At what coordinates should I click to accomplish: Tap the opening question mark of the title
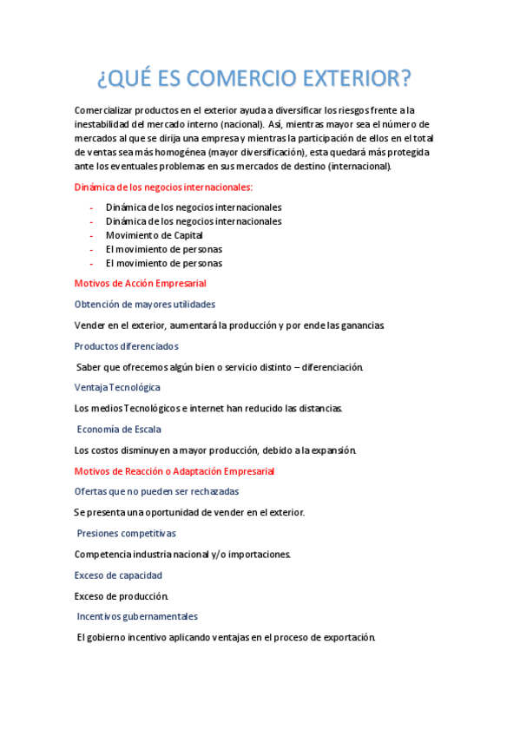click(102, 79)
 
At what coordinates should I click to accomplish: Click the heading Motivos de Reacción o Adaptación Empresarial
click(174, 471)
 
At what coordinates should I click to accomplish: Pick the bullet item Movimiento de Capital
click(154, 235)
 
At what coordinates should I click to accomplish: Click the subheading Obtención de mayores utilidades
click(145, 305)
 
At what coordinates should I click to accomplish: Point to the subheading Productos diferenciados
click(126, 346)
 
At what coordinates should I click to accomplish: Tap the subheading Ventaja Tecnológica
click(117, 388)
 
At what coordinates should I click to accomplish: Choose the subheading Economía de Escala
click(119, 430)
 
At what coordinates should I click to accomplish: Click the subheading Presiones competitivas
click(126, 534)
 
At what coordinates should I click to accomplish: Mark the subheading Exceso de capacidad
click(118, 575)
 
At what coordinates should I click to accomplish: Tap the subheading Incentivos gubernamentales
click(137, 617)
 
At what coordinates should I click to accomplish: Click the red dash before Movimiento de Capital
click(91, 235)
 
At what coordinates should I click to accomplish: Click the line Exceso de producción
click(122, 596)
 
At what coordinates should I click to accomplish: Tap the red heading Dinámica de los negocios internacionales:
click(163, 187)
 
